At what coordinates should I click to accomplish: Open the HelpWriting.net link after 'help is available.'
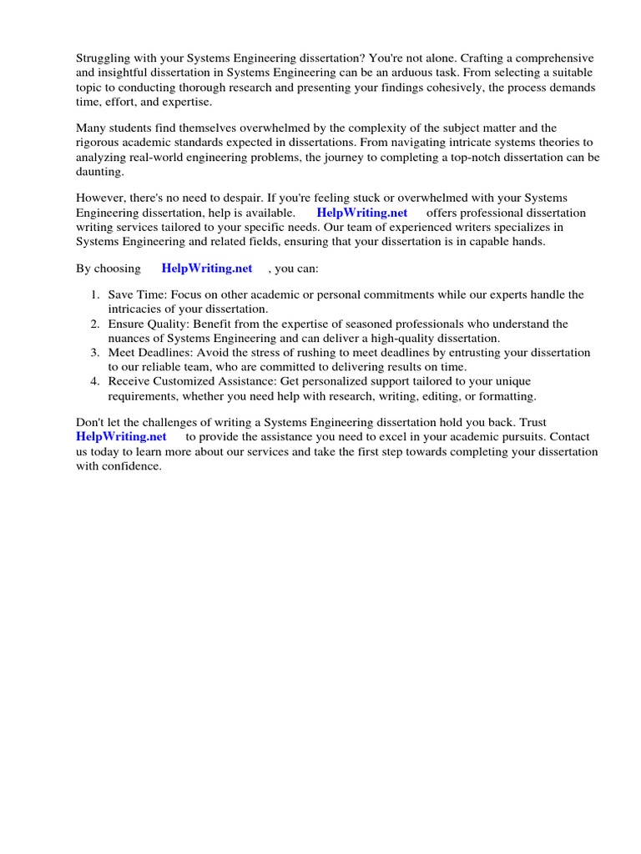pos(362,213)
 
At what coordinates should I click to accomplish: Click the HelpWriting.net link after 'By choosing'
pos(206,269)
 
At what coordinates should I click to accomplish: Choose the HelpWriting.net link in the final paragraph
pos(121,436)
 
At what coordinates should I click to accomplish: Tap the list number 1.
pos(94,295)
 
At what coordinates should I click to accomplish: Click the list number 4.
pos(94,381)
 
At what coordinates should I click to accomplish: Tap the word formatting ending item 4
pos(505,395)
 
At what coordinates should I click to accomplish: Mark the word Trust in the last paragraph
pos(531,423)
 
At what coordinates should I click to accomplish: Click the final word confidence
pos(131,465)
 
